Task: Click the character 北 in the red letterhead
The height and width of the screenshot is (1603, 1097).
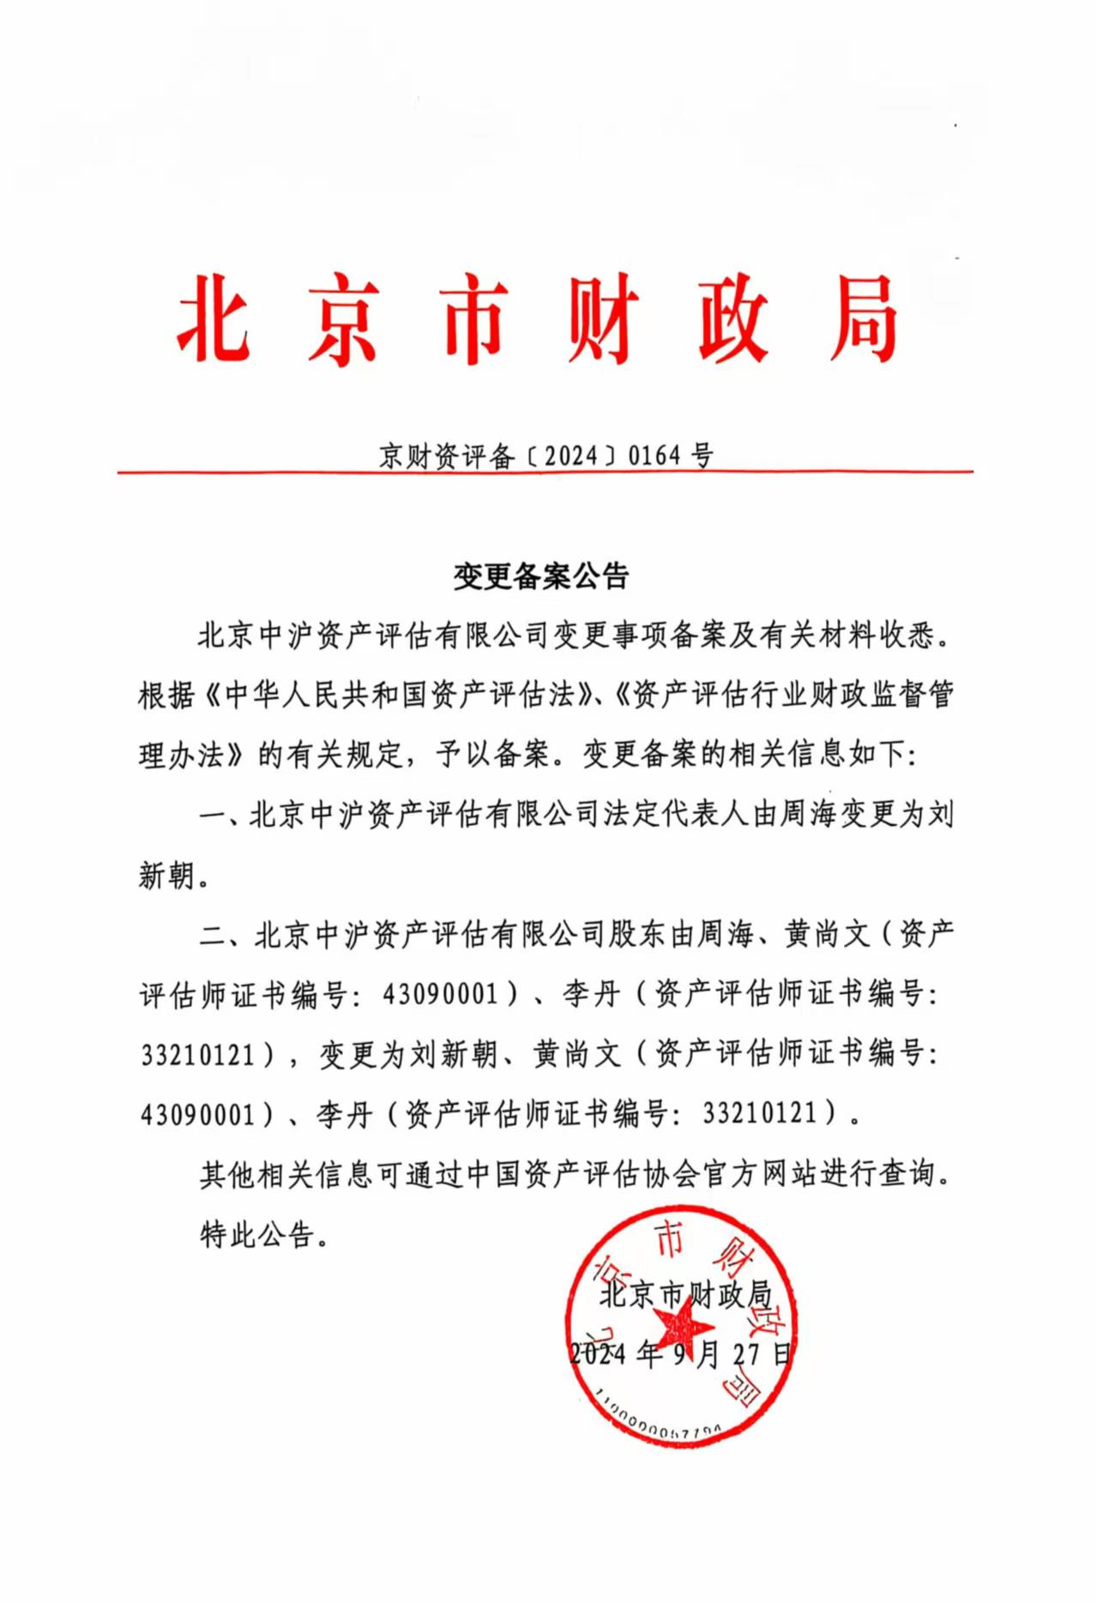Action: [214, 319]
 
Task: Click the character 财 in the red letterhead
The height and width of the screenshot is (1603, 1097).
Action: [603, 319]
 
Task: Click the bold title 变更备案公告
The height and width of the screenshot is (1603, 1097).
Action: [541, 576]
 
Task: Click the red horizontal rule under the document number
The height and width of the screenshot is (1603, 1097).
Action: [545, 472]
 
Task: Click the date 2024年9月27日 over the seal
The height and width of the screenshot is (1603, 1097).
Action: [682, 1354]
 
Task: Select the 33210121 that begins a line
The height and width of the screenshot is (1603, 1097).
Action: [198, 1054]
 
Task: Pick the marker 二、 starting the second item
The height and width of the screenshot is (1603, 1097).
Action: [223, 934]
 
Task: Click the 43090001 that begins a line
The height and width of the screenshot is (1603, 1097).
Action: [198, 1114]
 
